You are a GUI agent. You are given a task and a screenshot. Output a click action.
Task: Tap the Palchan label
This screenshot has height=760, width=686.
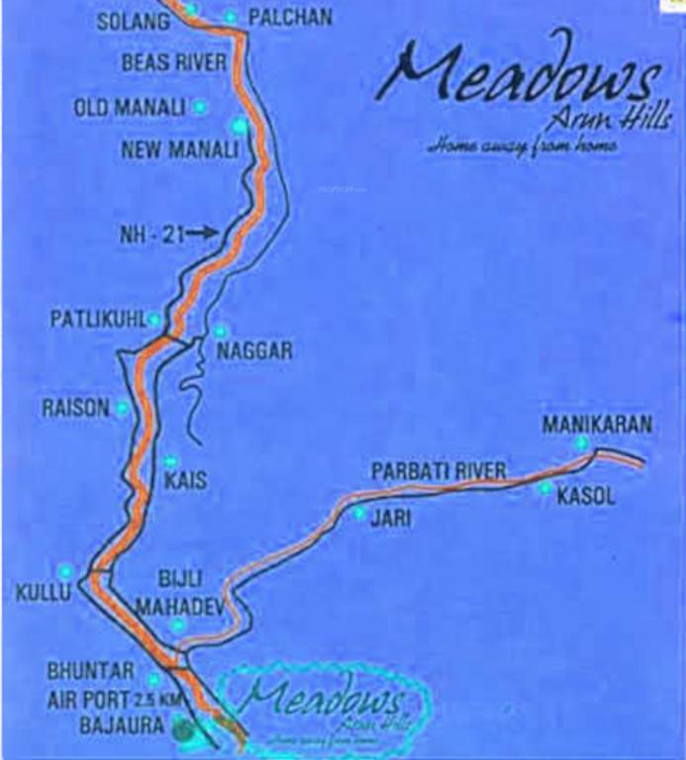coord(289,17)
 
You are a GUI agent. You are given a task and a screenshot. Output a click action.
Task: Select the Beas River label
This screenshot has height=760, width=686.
coord(174,62)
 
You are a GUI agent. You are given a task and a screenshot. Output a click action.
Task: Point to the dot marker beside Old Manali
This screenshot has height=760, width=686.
coord(201,105)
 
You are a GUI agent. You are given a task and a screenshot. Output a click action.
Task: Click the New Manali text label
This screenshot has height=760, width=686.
coord(179,150)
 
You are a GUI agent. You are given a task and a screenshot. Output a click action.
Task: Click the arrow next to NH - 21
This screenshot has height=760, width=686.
coord(202,233)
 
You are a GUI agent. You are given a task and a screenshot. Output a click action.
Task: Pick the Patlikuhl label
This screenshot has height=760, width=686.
coord(97,320)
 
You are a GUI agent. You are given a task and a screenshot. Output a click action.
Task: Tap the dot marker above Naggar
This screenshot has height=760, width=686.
coord(219,332)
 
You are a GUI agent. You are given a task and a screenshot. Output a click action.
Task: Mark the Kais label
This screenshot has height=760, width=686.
coord(187,480)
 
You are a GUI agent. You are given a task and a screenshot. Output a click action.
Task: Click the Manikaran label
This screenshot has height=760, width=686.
coord(597,425)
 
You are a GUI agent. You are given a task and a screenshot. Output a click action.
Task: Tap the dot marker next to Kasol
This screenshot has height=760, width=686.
coord(544,488)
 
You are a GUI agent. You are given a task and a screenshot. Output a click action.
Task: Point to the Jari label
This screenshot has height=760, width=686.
coord(384,516)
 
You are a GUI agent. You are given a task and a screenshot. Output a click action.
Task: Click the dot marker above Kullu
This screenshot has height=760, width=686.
coord(65,571)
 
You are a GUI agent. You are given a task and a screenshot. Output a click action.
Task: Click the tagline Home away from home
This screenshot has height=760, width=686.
coord(524,146)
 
